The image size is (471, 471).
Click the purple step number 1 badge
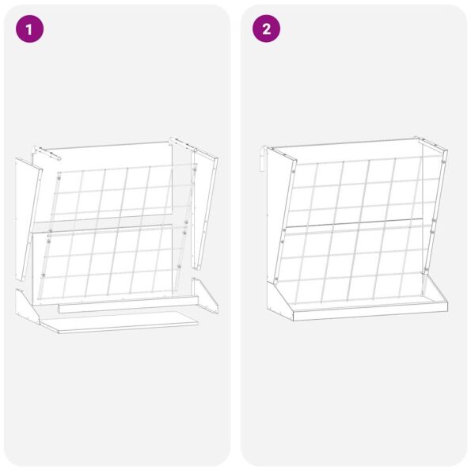click(x=29, y=29)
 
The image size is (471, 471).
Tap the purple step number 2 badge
click(x=266, y=29)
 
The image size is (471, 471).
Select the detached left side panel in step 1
click(x=25, y=214)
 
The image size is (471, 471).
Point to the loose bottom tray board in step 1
click(x=119, y=321)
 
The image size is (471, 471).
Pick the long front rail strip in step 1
click(x=127, y=303)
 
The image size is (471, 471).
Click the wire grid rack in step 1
click(x=119, y=237)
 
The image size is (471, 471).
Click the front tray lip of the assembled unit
click(x=368, y=311)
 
